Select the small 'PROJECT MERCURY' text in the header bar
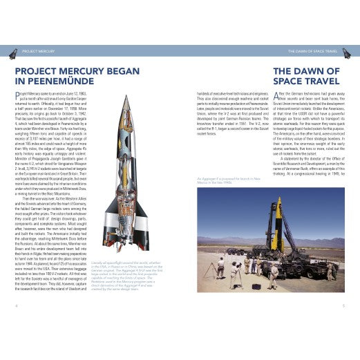tap(39, 51)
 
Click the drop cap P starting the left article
tap(17, 95)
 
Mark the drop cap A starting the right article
tap(277, 95)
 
